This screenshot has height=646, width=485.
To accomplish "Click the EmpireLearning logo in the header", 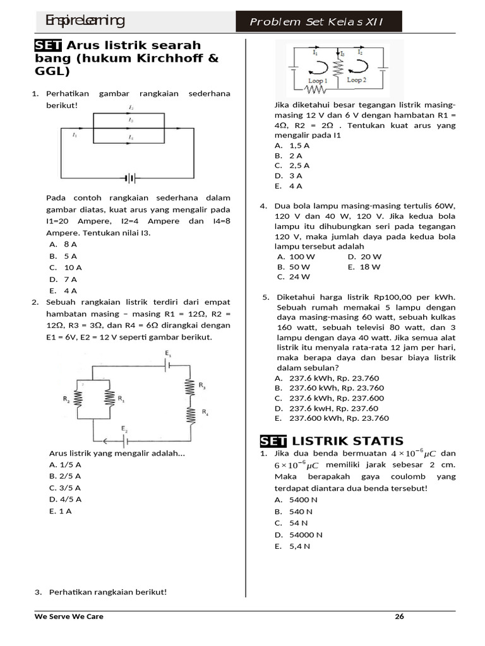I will pyautogui.click(x=85, y=21).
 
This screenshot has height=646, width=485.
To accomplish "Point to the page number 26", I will pyautogui.click(x=398, y=616).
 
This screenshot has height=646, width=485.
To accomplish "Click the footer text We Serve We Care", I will pyautogui.click(x=69, y=616).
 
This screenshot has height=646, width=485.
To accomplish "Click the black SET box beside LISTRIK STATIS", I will pyautogui.click(x=273, y=440).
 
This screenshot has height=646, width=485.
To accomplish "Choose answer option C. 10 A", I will pyautogui.click(x=66, y=267).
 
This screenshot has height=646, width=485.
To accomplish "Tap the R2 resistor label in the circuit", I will pyautogui.click(x=66, y=399).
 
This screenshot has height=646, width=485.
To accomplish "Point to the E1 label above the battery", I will pyautogui.click(x=168, y=353).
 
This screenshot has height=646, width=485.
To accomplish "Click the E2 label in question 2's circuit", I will pyautogui.click(x=124, y=430).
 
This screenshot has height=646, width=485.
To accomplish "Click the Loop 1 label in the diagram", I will pyautogui.click(x=316, y=81).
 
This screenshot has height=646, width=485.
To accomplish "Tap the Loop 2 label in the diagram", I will pyautogui.click(x=356, y=80).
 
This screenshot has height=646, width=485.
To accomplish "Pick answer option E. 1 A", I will pyautogui.click(x=61, y=511).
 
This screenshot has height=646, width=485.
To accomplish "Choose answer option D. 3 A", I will pyautogui.click(x=289, y=175).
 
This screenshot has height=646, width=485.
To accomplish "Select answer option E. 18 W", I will pyautogui.click(x=364, y=267).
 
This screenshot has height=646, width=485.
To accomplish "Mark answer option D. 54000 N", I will pyautogui.click(x=299, y=534).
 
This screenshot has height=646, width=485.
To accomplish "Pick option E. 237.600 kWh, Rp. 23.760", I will pyautogui.click(x=332, y=418).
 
